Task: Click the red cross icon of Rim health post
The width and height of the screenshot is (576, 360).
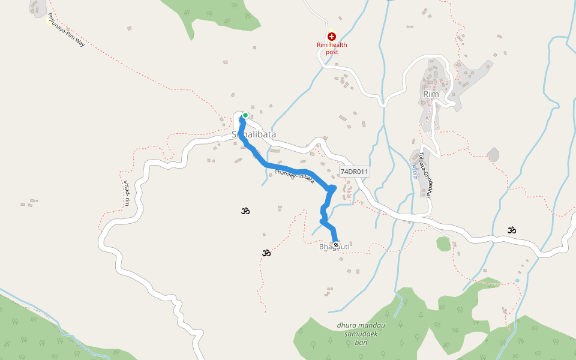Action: click(331, 37)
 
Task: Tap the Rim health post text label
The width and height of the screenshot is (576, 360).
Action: click(332, 48)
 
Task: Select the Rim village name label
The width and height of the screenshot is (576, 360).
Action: click(431, 94)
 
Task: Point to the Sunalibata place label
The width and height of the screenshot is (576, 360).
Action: click(254, 134)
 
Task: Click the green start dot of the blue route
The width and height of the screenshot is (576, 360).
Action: click(245, 115)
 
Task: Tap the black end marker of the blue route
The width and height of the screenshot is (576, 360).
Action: click(336, 244)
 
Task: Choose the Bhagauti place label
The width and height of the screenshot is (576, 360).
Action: click(334, 247)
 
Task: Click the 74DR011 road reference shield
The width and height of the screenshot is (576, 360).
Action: click(354, 172)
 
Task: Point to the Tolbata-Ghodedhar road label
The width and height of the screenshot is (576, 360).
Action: click(426, 174)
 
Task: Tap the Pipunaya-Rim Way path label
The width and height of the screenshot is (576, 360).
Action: click(66, 30)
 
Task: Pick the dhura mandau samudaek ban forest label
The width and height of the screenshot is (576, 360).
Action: click(361, 334)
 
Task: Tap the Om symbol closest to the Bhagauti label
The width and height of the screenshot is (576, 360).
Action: click(266, 253)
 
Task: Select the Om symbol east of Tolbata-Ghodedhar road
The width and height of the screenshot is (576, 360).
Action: click(512, 229)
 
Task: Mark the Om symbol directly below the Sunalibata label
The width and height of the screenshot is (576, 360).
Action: click(245, 211)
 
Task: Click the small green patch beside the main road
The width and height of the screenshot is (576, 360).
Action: click(443, 244)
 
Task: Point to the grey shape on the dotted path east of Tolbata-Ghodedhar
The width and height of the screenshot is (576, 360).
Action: click(493, 155)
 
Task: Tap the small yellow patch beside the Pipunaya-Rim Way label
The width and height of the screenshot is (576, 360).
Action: click(48, 20)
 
